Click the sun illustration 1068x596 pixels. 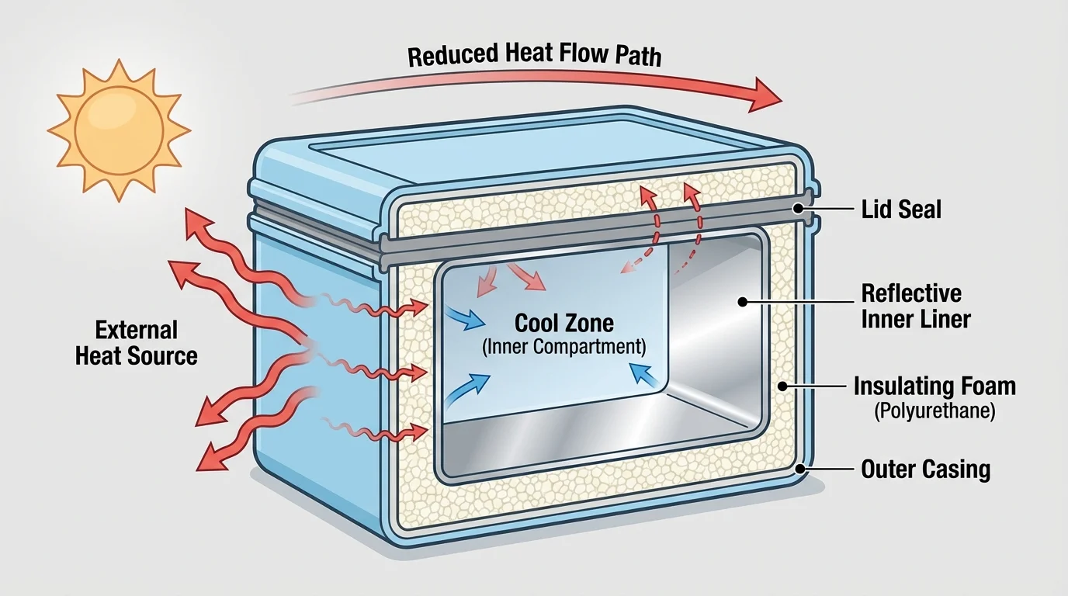[119, 130]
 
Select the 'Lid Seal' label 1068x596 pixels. [902, 209]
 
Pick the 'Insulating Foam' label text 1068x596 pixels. [934, 386]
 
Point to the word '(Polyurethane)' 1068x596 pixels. [934, 411]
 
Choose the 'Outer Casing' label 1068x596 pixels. [926, 469]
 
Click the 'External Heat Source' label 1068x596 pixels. [137, 342]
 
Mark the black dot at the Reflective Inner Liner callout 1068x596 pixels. [742, 302]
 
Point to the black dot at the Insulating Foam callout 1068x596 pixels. [783, 386]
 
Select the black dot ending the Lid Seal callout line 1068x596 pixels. [797, 209]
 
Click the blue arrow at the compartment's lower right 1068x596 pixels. [647, 376]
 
